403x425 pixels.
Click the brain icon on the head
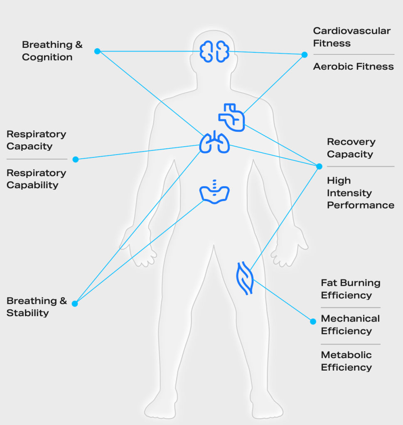pyautogui.click(x=214, y=52)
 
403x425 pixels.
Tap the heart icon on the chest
pyautogui.click(x=232, y=118)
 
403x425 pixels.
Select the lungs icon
pyautogui.click(x=214, y=142)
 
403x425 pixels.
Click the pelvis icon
pyautogui.click(x=214, y=192)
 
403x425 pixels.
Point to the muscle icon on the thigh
pyautogui.click(x=244, y=278)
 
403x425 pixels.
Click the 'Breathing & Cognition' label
pyautogui.click(x=52, y=51)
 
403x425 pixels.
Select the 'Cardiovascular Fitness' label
pyautogui.click(x=351, y=37)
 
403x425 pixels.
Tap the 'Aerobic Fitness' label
pyautogui.click(x=353, y=66)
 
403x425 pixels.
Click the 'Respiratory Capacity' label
pyautogui.click(x=36, y=140)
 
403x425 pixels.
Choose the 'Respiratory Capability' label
pyautogui.click(x=36, y=179)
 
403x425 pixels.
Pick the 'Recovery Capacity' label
pyautogui.click(x=351, y=148)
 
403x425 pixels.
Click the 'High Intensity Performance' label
pyautogui.click(x=360, y=193)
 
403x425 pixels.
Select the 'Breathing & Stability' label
pyautogui.click(x=37, y=307)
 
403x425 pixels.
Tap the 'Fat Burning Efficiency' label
pyautogui.click(x=350, y=289)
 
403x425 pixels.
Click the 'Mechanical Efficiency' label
pyautogui.click(x=350, y=325)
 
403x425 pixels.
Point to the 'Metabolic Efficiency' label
pyautogui.click(x=346, y=361)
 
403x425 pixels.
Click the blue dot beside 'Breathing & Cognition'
pyautogui.click(x=97, y=51)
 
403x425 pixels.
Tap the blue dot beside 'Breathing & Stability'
pyautogui.click(x=75, y=304)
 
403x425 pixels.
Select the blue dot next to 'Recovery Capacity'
pyautogui.click(x=319, y=166)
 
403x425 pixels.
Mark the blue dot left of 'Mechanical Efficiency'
pyautogui.click(x=313, y=322)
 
